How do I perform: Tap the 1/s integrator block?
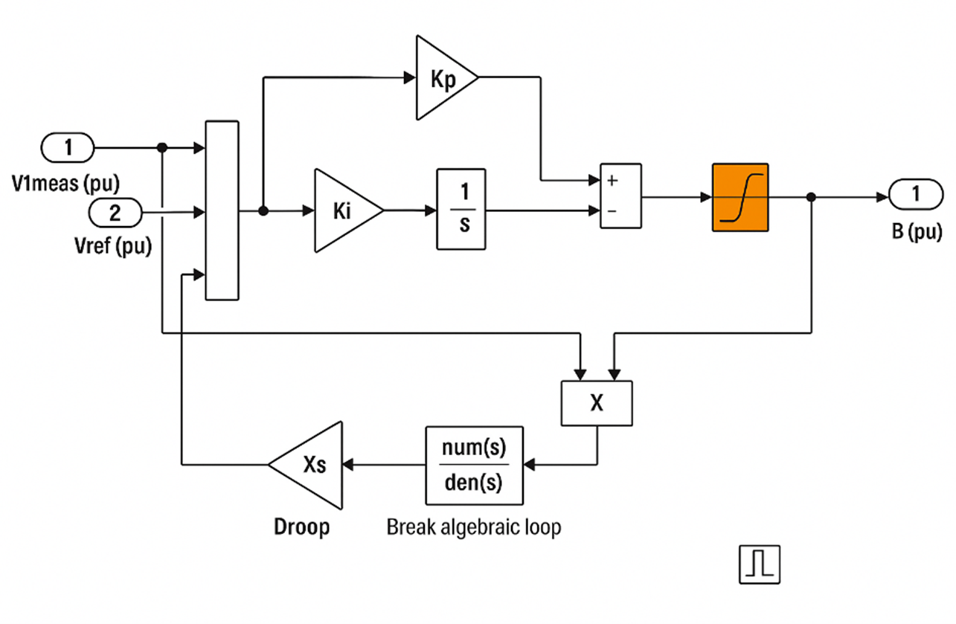(x=461, y=209)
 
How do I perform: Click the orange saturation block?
(x=740, y=198)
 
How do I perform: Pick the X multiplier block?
(x=597, y=403)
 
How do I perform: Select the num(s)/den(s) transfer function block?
(x=474, y=466)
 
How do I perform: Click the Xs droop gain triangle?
(x=312, y=465)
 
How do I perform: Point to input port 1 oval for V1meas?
(x=68, y=147)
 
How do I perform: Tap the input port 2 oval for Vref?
(x=115, y=213)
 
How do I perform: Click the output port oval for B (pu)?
(x=916, y=195)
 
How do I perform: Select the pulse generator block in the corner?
(x=760, y=565)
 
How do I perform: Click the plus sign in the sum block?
(x=612, y=181)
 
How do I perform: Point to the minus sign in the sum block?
(x=612, y=210)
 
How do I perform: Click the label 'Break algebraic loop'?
(x=474, y=527)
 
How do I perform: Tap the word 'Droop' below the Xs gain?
(x=302, y=527)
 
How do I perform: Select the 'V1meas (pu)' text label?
(x=65, y=184)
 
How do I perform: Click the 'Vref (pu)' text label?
(x=113, y=246)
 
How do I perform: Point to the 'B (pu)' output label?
(x=917, y=232)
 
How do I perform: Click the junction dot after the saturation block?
(x=812, y=197)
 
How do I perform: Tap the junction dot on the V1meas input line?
(x=162, y=147)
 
